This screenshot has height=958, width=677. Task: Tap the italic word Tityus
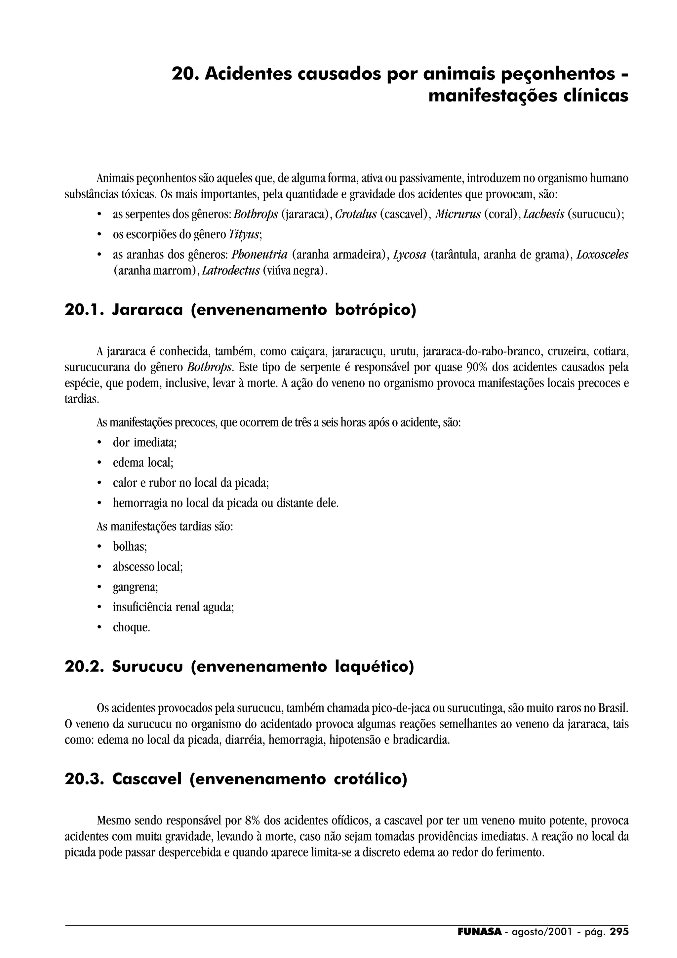[244, 235]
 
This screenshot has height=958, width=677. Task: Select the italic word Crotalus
[356, 215]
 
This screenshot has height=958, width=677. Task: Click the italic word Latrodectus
[231, 271]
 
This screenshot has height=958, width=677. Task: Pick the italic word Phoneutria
[259, 255]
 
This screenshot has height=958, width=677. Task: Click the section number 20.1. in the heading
[83, 310]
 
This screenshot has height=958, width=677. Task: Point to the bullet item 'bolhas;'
[130, 547]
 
